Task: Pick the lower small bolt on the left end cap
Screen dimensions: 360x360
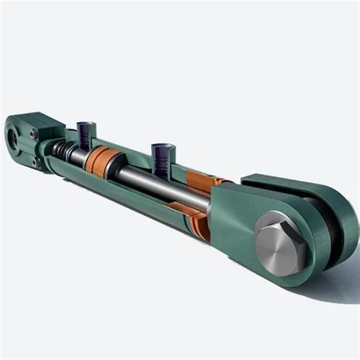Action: pyautogui.click(x=35, y=160)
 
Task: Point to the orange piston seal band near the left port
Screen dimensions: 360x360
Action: pyautogui.click(x=101, y=161)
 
